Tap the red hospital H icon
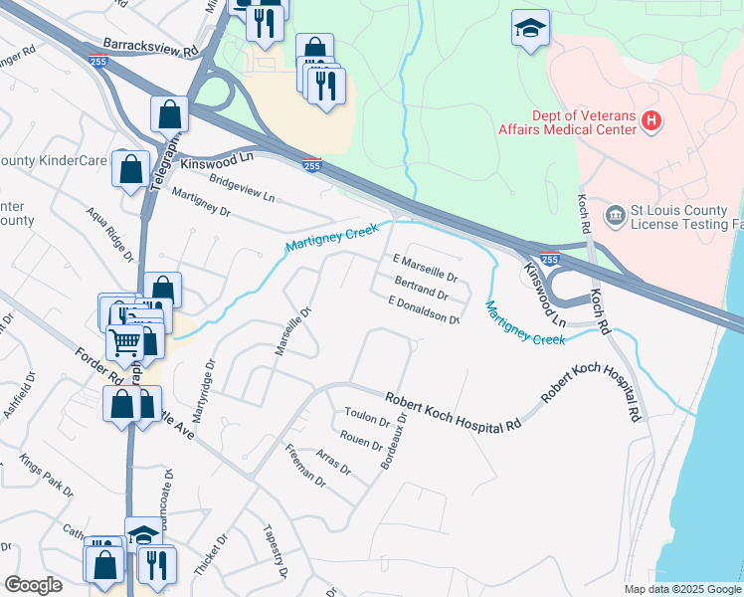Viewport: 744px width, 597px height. [651, 121]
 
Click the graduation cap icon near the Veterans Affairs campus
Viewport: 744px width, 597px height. [530, 29]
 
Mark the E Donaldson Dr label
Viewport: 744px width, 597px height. [424, 310]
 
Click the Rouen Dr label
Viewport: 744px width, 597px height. [361, 439]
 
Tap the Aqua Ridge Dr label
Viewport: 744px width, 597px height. [109, 235]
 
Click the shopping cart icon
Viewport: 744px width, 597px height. [125, 343]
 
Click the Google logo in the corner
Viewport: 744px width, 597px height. [33, 585]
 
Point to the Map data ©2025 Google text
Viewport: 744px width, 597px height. [682, 589]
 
